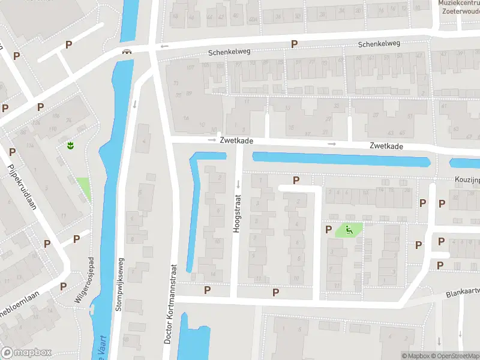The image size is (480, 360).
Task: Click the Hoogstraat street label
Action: (236, 212)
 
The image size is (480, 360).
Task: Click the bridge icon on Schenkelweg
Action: (127, 52)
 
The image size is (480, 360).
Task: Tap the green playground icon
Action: (349, 229)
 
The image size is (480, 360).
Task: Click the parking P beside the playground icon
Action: (328, 229)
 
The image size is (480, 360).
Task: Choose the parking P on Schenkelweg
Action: (294, 44)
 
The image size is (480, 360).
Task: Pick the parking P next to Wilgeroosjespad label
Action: (76, 239)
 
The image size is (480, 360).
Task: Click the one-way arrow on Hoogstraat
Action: (238, 183)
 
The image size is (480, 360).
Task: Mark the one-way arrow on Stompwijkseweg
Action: (134, 103)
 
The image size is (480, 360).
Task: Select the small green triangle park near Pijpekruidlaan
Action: (83, 188)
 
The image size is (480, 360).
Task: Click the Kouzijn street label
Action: (464, 179)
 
